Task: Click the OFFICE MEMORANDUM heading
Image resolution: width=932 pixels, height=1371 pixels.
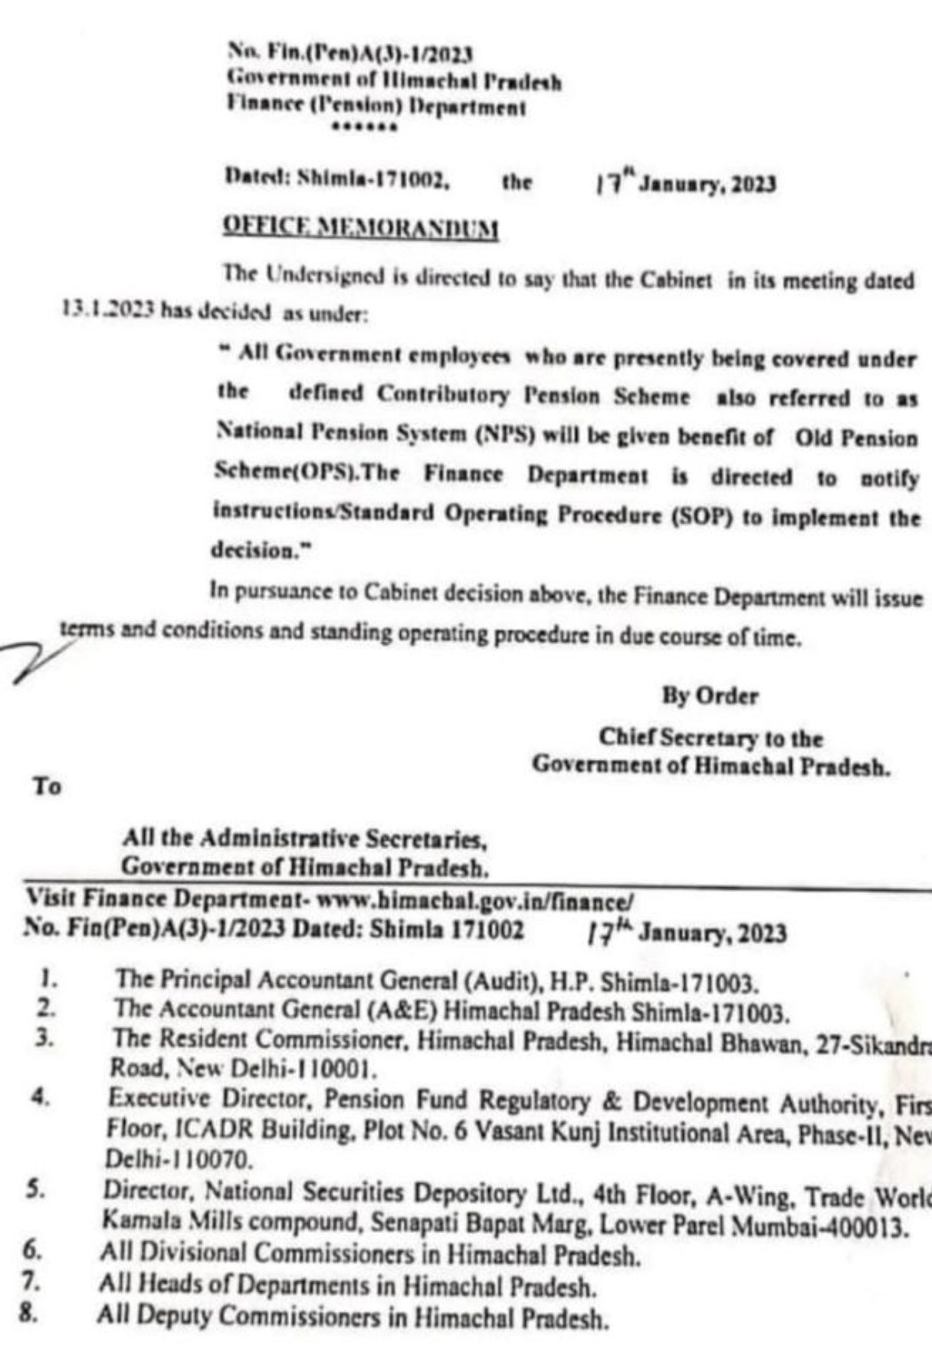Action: [x=360, y=228]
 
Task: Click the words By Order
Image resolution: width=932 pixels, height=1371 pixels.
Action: [x=710, y=696]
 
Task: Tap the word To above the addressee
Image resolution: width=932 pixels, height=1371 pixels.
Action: [x=47, y=787]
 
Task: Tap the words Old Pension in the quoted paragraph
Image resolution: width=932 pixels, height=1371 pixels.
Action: [x=856, y=439]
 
